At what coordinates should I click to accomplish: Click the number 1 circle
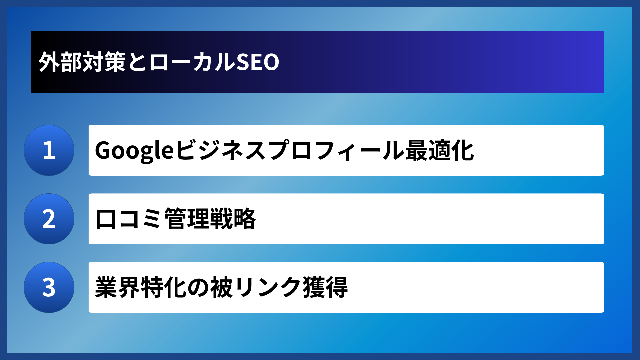(49, 150)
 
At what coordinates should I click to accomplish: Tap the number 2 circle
(49, 219)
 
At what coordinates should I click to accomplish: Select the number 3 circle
(49, 287)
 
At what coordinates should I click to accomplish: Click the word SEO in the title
(258, 62)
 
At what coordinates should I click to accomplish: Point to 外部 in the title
(60, 62)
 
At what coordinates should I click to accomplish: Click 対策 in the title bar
(104, 62)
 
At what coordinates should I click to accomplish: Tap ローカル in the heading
(192, 62)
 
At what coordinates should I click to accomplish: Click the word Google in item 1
(134, 151)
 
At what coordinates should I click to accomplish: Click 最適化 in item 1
(440, 151)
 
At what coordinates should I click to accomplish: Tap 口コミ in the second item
(129, 219)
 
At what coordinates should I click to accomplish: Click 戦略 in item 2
(233, 219)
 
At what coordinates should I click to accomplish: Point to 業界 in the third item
(118, 287)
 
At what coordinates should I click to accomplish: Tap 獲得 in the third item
(325, 287)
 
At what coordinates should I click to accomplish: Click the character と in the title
(137, 62)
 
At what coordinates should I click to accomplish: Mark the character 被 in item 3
(221, 287)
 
